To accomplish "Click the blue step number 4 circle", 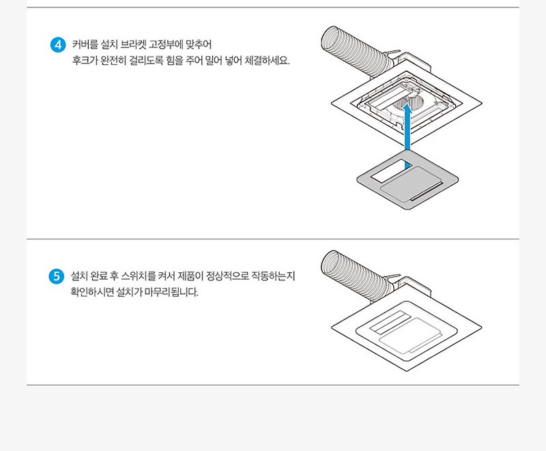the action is click(x=58, y=45).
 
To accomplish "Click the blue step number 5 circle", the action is click(x=57, y=276).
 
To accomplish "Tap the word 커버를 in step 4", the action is click(x=85, y=45).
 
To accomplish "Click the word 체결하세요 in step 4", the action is click(x=267, y=61).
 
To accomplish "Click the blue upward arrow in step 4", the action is click(x=407, y=136).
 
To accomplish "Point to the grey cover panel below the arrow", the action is click(x=407, y=179).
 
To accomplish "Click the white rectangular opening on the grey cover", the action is click(x=391, y=170).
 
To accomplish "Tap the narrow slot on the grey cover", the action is click(x=427, y=191).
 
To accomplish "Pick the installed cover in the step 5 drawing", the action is click(x=406, y=332).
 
